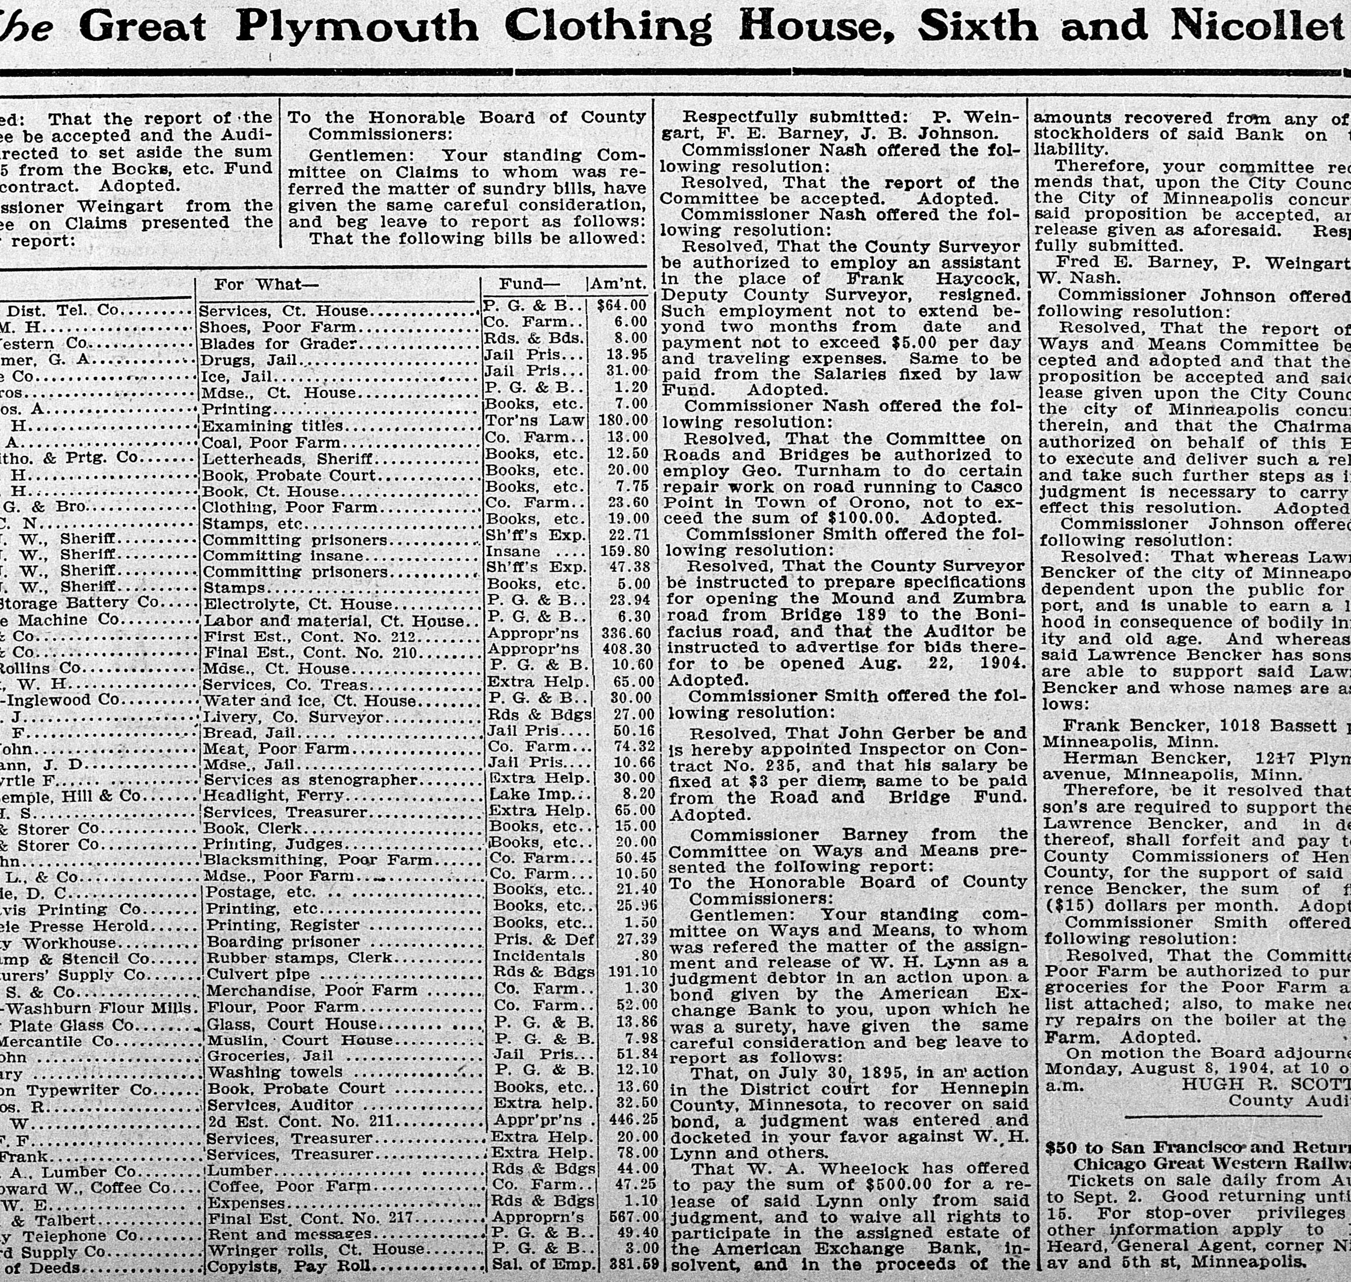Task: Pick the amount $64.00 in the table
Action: coord(621,305)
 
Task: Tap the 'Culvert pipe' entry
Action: coord(258,974)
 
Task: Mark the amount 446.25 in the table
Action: coord(633,1120)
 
